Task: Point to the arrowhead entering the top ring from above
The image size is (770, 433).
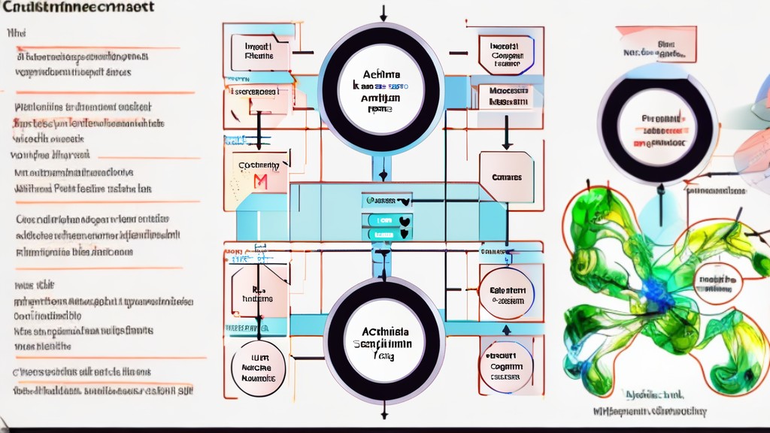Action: [383, 17]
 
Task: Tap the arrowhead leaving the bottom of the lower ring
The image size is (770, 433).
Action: [383, 413]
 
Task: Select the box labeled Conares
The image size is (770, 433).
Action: [506, 177]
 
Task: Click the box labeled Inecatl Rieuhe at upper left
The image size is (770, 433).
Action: [259, 51]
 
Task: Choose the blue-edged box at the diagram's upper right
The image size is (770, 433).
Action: [506, 55]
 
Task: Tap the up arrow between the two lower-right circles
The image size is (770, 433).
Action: [506, 329]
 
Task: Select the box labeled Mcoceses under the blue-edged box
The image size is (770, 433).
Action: [505, 96]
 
